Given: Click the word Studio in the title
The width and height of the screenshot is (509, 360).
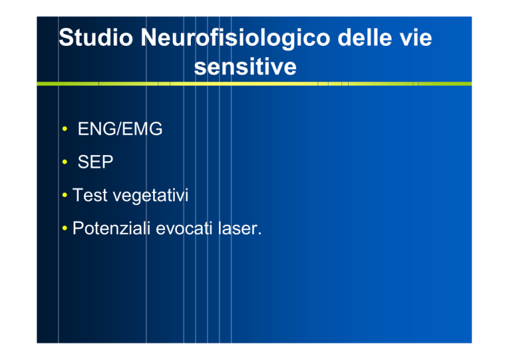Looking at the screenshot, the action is [96, 37].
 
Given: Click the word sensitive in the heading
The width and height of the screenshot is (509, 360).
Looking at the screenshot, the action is [245, 67].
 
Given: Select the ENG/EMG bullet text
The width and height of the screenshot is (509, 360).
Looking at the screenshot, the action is [120, 129].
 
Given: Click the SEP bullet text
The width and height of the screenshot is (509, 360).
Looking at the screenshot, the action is [95, 162].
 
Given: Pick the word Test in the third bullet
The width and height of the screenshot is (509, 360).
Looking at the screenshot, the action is [90, 195].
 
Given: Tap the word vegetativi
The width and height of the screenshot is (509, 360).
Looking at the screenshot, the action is [150, 196].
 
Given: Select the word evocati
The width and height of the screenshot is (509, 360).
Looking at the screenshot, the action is [184, 228].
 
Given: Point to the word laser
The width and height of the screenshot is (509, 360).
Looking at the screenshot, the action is [237, 228].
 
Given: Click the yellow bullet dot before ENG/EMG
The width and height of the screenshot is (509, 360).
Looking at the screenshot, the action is [64, 129].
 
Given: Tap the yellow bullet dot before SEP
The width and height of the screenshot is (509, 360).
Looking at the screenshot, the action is [64, 162].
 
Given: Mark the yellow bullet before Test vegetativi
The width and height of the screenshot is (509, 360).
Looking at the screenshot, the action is [64, 195].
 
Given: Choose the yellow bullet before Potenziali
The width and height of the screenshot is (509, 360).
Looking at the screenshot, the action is [64, 228].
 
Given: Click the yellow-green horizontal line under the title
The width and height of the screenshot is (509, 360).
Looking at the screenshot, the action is [254, 84].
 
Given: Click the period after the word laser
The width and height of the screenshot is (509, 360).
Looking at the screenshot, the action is [260, 234].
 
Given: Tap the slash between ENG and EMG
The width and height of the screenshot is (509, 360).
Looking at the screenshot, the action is [119, 129].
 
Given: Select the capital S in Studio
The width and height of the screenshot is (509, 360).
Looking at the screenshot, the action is [65, 37].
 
